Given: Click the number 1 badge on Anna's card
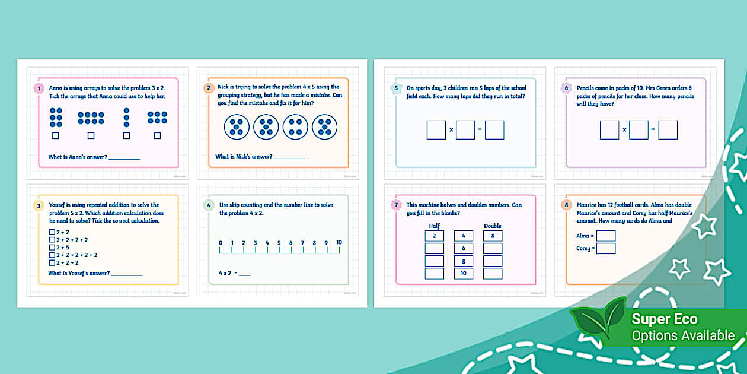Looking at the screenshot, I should click(39, 88).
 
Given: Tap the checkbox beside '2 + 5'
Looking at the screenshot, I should click(52, 248).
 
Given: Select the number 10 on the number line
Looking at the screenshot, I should click(339, 242).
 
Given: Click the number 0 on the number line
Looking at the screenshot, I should click(220, 242).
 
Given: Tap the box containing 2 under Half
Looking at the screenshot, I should click(434, 236).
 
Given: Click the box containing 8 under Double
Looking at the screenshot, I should click(493, 236).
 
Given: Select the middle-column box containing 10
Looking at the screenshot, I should click(463, 273).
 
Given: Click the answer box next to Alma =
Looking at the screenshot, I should click(606, 236).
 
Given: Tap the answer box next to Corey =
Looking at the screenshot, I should click(606, 248).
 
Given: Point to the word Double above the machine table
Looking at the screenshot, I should click(493, 226).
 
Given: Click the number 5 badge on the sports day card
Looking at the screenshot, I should click(396, 88).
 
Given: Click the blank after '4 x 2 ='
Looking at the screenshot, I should click(244, 274).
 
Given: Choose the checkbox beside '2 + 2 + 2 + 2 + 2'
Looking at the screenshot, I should click(52, 255).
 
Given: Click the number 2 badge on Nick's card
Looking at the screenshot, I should click(208, 88).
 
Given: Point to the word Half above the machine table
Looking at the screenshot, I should click(434, 226).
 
